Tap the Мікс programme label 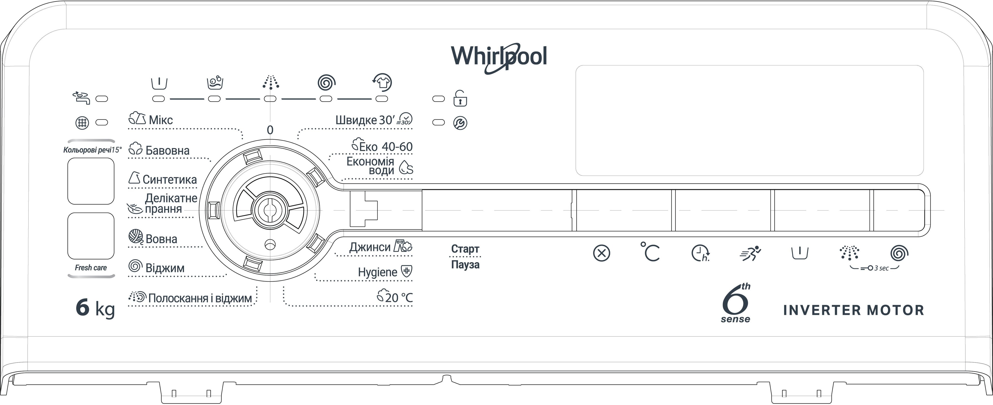click(x=160, y=120)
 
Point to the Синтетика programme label click(x=169, y=179)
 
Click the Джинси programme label click(x=370, y=247)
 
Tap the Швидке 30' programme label click(x=365, y=120)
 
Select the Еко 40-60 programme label click(x=385, y=146)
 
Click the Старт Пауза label click(x=465, y=257)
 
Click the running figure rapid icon click(x=750, y=253)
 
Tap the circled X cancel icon click(x=601, y=253)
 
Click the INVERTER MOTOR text click(x=853, y=310)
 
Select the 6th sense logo click(x=736, y=304)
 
